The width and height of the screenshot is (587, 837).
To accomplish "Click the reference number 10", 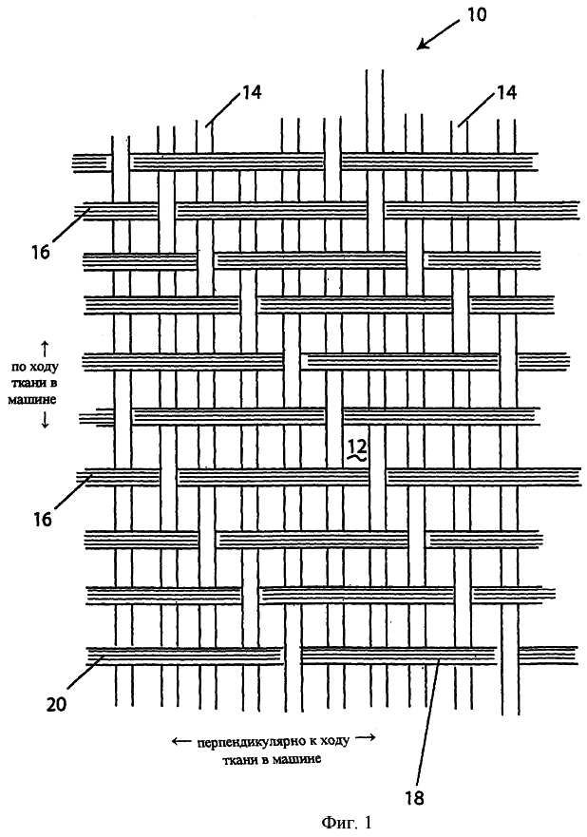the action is [477, 14].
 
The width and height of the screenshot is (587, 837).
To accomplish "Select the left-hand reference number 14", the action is [252, 92].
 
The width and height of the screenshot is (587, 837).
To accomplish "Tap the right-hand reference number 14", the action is [507, 92].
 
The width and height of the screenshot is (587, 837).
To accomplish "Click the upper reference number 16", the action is [40, 252].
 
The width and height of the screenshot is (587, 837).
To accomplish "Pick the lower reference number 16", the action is [42, 519].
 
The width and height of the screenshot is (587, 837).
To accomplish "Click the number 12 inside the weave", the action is [357, 446].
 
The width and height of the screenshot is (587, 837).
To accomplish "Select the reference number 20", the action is [56, 705].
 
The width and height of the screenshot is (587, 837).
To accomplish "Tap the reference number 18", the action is [414, 798].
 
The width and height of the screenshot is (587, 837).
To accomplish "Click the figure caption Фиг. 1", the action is [346, 823].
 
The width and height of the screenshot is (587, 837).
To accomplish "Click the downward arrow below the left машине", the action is [45, 420].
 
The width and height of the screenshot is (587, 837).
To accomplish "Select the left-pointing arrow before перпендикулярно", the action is [180, 740].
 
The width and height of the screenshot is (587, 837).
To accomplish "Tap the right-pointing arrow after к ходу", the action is [366, 739].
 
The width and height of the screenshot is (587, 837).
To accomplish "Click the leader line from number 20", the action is [85, 675].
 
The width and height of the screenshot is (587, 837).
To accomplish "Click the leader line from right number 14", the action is [476, 110].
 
